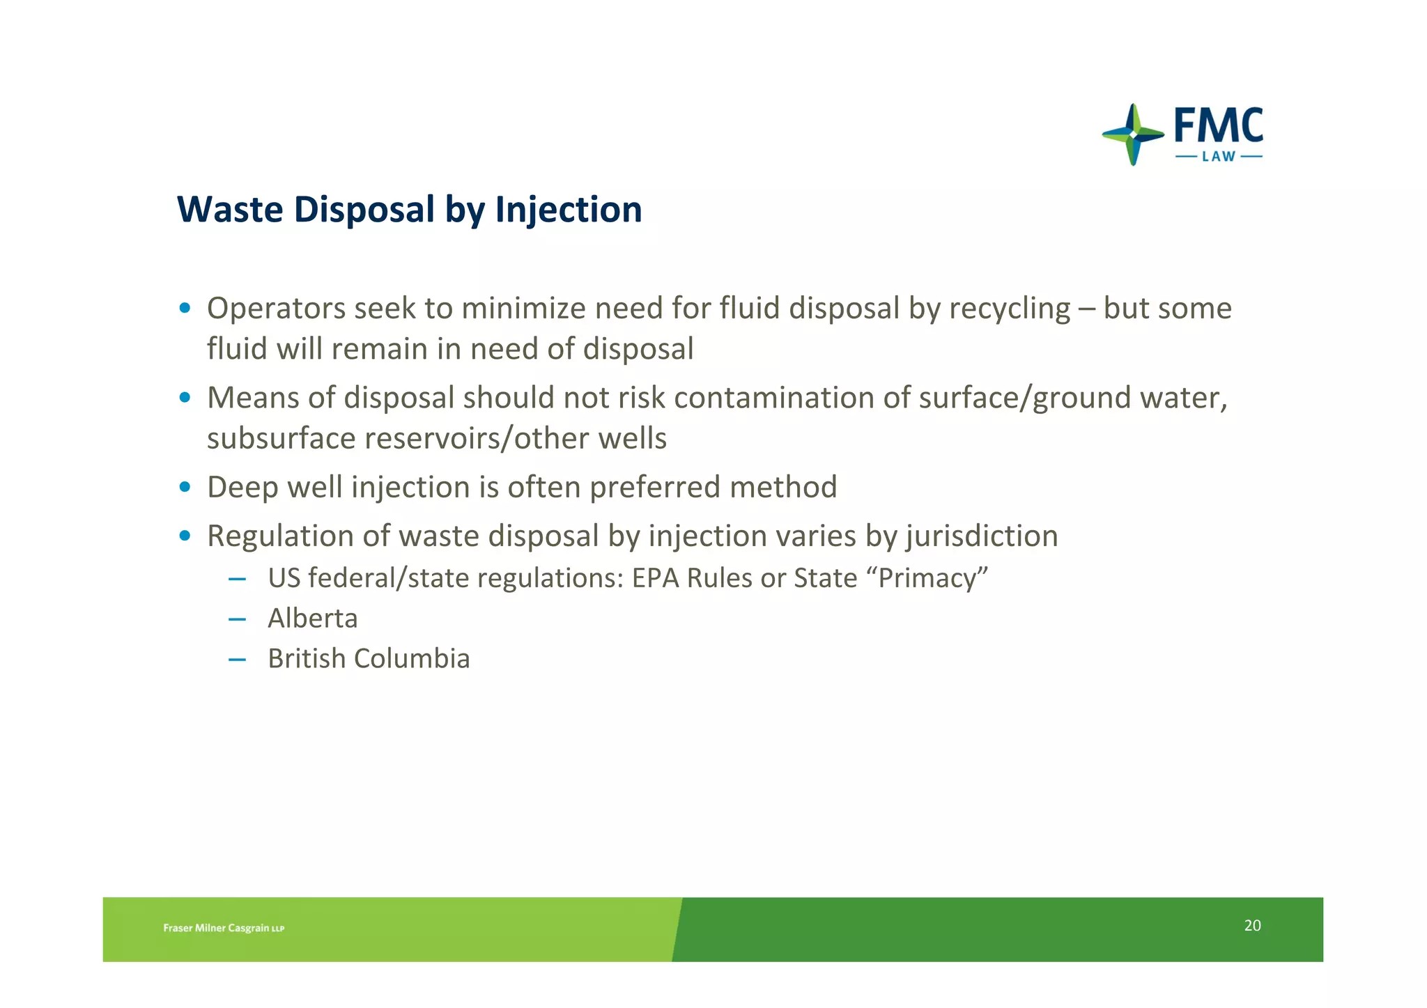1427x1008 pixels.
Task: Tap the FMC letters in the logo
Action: point(1218,127)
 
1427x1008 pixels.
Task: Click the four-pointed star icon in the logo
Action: point(1133,134)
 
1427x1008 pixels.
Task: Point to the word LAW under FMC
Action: point(1219,157)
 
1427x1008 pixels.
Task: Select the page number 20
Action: point(1252,925)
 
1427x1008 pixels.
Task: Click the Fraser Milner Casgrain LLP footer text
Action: point(224,928)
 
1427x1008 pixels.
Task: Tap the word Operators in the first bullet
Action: point(276,309)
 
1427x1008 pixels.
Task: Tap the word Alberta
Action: point(313,619)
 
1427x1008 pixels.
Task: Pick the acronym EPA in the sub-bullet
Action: point(655,578)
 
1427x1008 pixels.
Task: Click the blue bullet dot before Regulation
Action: point(185,536)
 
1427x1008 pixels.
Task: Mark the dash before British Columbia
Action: point(237,659)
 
